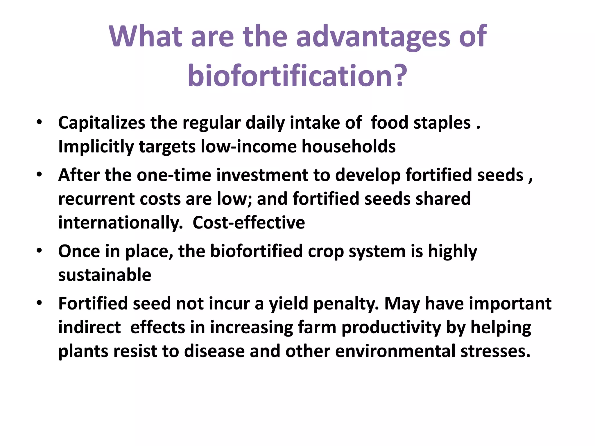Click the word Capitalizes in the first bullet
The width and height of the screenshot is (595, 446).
(101, 123)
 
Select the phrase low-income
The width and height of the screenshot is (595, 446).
(249, 146)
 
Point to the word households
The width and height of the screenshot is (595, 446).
(348, 146)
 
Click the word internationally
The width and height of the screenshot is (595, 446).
(120, 223)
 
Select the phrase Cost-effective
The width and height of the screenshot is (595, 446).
(249, 223)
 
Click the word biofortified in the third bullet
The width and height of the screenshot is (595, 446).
(256, 251)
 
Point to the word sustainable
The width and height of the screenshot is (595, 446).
(105, 275)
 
